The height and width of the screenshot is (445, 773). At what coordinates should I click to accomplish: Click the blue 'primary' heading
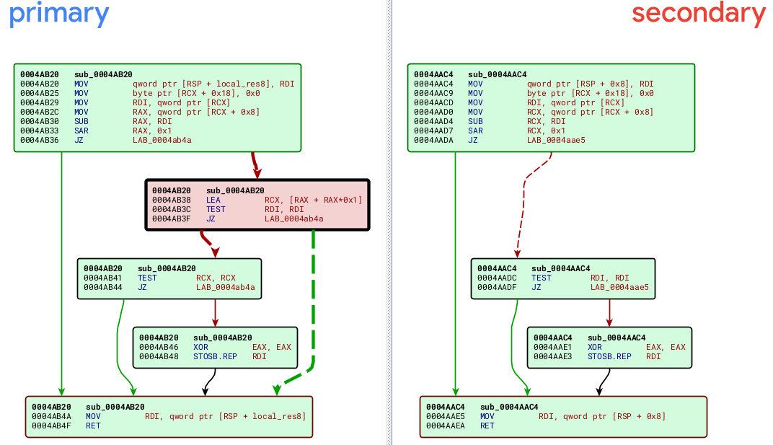click(59, 14)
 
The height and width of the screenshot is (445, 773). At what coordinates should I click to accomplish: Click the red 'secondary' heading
click(698, 14)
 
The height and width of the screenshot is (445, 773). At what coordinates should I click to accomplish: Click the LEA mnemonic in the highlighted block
click(213, 201)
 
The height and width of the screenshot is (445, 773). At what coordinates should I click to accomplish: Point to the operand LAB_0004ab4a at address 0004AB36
click(162, 141)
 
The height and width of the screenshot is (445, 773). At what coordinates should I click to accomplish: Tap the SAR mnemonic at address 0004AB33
click(81, 131)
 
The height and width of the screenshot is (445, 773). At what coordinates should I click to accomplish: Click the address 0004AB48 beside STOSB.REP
click(159, 356)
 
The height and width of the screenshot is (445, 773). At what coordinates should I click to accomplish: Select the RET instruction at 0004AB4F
click(92, 426)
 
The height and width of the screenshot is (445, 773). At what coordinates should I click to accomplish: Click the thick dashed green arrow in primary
click(314, 303)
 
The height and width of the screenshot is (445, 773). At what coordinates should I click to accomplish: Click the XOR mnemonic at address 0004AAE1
click(595, 347)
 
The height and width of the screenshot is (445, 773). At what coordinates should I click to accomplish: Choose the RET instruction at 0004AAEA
click(487, 426)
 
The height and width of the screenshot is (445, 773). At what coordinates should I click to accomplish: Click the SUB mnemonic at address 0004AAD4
click(475, 122)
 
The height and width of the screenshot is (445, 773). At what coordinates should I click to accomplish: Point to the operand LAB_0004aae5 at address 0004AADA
click(556, 141)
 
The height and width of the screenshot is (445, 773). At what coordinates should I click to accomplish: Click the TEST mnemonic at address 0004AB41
click(147, 278)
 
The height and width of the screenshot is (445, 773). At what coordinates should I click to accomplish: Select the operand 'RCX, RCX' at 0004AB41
click(216, 278)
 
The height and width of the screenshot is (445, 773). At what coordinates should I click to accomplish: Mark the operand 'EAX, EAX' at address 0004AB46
click(272, 347)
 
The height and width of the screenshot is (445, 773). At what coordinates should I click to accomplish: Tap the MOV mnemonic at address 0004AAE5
click(487, 417)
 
